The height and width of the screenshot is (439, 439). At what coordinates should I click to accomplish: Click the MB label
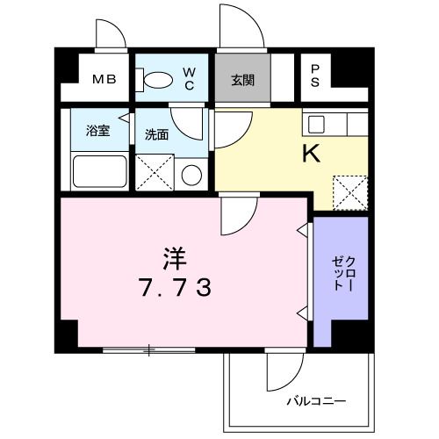tap(104, 79)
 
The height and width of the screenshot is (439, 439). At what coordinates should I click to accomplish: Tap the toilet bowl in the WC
tap(158, 80)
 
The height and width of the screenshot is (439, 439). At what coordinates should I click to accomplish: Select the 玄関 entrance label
tap(243, 80)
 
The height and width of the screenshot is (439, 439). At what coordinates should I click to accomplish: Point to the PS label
tap(315, 76)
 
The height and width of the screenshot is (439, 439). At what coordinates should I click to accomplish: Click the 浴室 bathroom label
tap(97, 131)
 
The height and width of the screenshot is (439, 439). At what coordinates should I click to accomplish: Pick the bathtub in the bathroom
tap(100, 171)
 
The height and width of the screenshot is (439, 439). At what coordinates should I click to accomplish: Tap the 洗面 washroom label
tap(157, 134)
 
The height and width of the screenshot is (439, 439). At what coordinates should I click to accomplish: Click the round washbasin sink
tap(191, 175)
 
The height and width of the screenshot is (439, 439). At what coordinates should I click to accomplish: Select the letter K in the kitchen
tap(311, 154)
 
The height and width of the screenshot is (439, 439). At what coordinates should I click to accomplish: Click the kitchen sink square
tap(316, 125)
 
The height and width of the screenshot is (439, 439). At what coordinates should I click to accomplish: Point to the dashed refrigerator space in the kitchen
tap(350, 193)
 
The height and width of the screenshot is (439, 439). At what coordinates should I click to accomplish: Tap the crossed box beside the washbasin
tap(155, 173)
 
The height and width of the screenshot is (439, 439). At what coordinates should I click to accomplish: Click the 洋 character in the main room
tap(175, 259)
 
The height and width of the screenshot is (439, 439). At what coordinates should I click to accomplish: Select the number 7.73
tap(175, 287)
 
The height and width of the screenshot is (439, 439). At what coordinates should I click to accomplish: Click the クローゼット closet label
tap(343, 274)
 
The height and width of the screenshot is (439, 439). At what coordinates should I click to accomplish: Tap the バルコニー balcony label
tap(316, 400)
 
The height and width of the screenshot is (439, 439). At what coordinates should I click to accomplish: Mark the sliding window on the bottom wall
tap(149, 350)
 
